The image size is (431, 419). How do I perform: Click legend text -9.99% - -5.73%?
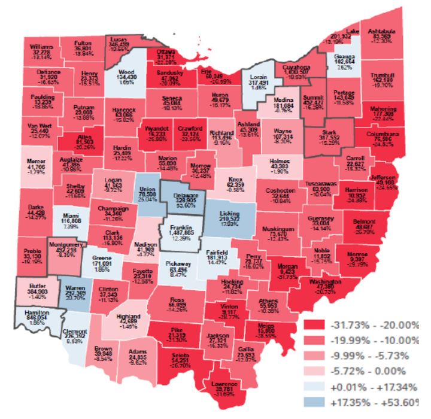coord(374,356)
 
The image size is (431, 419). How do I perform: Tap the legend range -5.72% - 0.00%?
coord(374,371)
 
